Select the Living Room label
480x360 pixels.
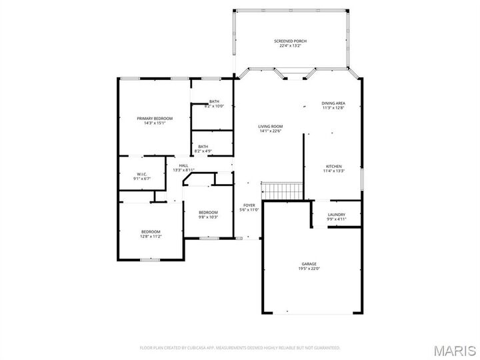[271, 126]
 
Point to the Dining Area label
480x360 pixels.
[333, 103]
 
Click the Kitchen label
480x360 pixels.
[333, 166]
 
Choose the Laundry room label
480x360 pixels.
[336, 214]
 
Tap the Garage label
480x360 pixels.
[309, 263]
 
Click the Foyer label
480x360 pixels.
[249, 205]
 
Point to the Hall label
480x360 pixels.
[183, 165]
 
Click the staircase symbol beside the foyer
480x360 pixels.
[282, 191]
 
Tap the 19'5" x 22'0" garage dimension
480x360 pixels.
[309, 269]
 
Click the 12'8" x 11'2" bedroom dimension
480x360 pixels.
[151, 237]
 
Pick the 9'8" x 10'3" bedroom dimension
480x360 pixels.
[208, 217]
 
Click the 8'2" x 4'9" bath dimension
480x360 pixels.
[203, 151]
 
